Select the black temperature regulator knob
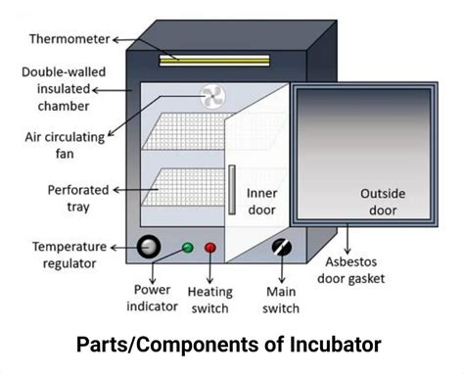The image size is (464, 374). point(149,247)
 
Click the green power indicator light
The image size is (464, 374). point(188,248)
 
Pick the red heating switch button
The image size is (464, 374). point(210,248)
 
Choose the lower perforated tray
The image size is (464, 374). point(186,186)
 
